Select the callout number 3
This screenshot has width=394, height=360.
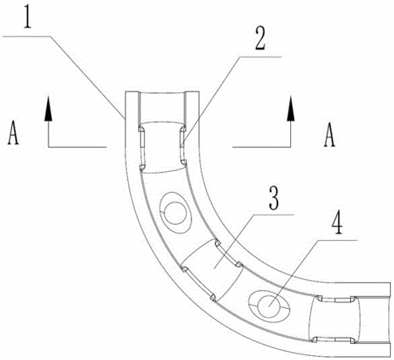[274, 198]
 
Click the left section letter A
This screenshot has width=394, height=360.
[13, 133]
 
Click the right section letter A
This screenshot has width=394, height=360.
[329, 134]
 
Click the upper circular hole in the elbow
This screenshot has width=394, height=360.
[175, 213]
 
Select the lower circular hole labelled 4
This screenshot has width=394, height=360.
[269, 306]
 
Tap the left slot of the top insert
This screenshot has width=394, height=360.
[141, 148]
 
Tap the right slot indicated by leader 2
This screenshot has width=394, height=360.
[182, 146]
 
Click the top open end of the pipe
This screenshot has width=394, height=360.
[162, 92]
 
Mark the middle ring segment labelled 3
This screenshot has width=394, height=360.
[213, 270]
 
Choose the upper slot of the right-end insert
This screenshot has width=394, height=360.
[336, 299]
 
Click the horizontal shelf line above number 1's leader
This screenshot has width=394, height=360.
[26, 37]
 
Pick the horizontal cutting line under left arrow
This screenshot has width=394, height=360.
[78, 146]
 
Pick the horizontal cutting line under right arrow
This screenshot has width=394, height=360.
[261, 146]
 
